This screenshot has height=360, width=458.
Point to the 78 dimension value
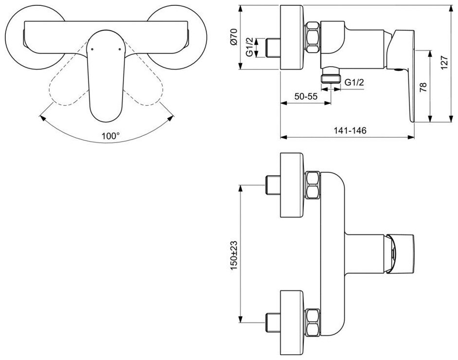pos(423,88)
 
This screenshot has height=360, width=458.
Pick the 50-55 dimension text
pos(306,96)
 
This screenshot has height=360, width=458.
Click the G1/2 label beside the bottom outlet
pos(354,82)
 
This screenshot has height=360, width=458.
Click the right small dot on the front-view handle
pos(118,49)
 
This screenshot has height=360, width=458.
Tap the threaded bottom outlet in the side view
pos(332,78)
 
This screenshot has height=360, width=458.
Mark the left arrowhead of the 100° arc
pos(40,117)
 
